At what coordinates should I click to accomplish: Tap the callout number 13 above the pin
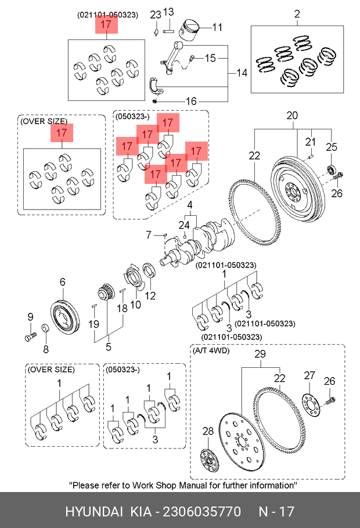(x=168, y=12)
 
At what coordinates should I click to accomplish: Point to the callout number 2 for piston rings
(x=297, y=14)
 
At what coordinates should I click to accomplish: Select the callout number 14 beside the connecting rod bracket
(x=242, y=73)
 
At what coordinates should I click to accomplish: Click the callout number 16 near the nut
(x=191, y=101)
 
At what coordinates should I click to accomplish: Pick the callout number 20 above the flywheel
(x=292, y=115)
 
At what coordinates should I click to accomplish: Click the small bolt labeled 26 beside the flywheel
(x=338, y=176)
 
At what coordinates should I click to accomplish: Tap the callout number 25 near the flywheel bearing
(x=332, y=147)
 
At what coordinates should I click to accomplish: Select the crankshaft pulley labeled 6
(x=65, y=314)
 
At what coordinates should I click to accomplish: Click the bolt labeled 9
(x=30, y=336)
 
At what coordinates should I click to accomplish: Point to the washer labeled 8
(x=45, y=328)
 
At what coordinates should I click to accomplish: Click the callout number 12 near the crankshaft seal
(x=150, y=296)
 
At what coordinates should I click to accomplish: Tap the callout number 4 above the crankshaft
(x=190, y=205)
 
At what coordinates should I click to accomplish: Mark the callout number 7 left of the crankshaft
(x=149, y=235)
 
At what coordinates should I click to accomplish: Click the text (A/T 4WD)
(x=211, y=350)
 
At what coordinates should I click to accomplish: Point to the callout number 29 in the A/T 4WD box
(x=260, y=354)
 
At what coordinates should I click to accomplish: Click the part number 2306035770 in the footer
(x=202, y=512)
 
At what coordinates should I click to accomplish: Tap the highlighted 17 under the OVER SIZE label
(x=62, y=133)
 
